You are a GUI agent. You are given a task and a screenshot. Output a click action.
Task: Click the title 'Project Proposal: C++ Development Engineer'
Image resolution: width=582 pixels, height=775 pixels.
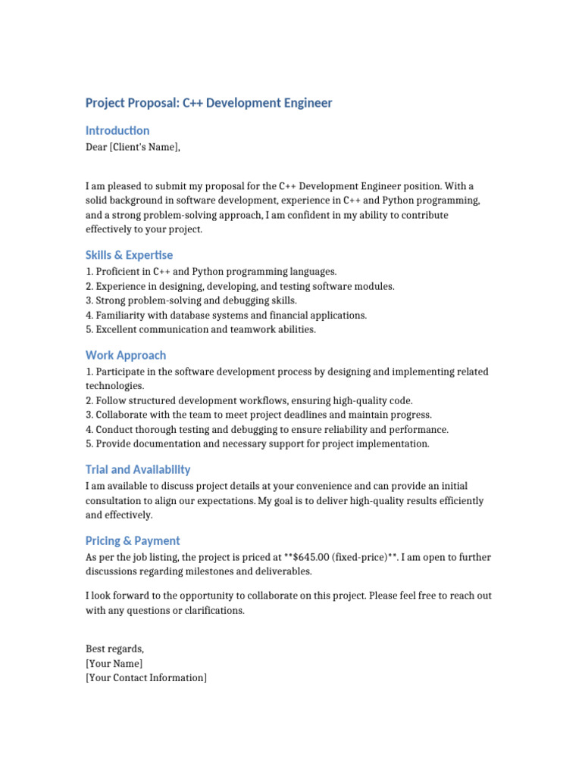208,103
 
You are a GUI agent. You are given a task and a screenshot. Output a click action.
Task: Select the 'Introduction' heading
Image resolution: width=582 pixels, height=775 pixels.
117,131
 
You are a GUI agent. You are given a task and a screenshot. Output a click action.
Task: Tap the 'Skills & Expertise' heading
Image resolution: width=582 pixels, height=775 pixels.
129,255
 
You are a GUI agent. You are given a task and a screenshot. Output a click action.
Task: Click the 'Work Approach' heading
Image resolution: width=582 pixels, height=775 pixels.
126,355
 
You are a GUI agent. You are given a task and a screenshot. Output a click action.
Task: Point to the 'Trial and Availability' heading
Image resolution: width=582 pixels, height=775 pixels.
138,469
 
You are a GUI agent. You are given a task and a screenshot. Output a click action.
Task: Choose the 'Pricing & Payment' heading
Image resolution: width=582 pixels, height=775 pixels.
133,540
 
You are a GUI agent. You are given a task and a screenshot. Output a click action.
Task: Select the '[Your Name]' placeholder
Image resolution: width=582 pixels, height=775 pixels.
114,664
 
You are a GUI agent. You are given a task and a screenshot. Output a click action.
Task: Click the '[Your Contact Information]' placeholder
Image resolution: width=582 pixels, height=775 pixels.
145,678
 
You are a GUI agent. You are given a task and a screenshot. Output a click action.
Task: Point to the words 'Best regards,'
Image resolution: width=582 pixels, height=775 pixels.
114,649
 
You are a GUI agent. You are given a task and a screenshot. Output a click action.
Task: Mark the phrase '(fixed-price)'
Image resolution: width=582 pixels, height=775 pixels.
359,557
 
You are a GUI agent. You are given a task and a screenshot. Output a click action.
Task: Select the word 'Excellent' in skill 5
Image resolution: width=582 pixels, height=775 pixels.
117,330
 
